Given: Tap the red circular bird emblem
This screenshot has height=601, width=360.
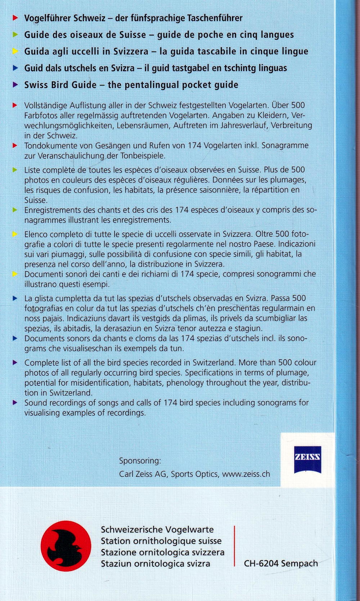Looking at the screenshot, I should point(66,546).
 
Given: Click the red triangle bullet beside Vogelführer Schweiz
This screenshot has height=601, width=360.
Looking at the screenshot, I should point(15,18).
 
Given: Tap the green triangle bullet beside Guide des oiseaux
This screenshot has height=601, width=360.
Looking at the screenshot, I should point(15,35).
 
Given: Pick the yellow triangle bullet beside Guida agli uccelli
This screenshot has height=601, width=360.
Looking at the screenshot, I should point(15,51).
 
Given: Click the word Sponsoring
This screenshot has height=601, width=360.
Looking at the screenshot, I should point(140,461).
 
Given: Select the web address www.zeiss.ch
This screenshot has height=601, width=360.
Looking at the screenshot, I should point(246,474).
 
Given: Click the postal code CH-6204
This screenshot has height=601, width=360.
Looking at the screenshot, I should point(261,563).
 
